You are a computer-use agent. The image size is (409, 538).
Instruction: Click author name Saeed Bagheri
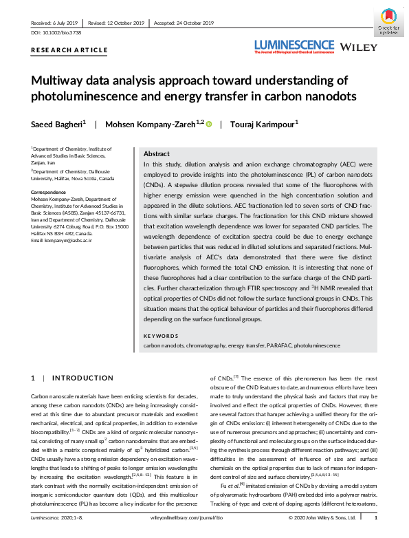57,124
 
